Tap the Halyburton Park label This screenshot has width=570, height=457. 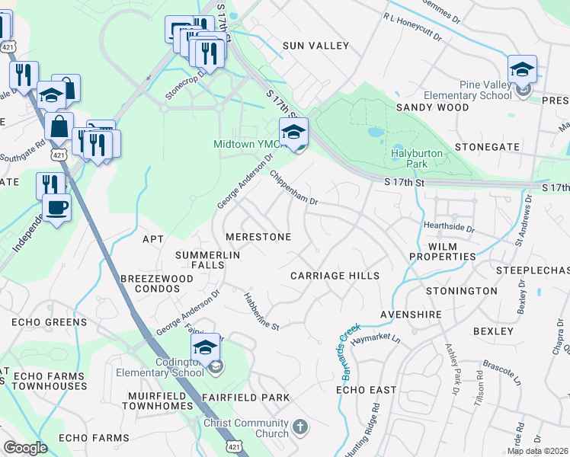[417, 158]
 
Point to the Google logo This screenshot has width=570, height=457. [25, 448]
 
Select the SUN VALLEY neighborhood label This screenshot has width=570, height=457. [315, 46]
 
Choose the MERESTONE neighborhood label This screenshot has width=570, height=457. [258, 237]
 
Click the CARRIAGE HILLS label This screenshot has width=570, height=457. [335, 275]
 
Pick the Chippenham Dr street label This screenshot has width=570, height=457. [293, 187]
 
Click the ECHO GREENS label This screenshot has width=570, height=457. [49, 322]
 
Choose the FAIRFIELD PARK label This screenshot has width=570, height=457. [245, 398]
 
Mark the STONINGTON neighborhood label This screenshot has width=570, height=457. [461, 291]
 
